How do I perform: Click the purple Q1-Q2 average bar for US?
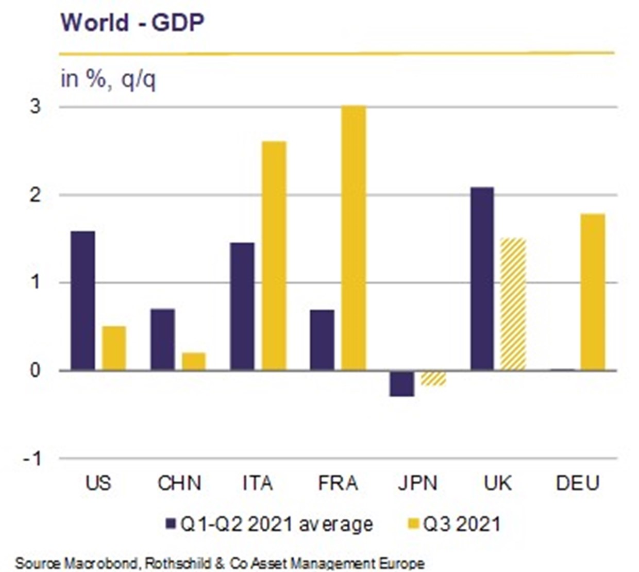pyautogui.click(x=82, y=300)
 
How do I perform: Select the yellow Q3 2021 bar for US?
pyautogui.click(x=114, y=348)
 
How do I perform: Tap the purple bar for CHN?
pyautogui.click(x=162, y=339)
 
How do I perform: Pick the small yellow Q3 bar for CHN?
pyautogui.click(x=194, y=361)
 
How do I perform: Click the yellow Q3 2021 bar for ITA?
pyautogui.click(x=274, y=256)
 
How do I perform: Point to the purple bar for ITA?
pyautogui.click(x=242, y=306)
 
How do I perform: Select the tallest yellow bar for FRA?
pyautogui.click(x=354, y=238)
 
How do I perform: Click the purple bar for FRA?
pyautogui.click(x=322, y=340)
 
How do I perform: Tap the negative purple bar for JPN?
pyautogui.click(x=402, y=383)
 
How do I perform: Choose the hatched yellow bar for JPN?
pyautogui.click(x=433, y=378)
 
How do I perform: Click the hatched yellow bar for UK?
pyautogui.click(x=513, y=304)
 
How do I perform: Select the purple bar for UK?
pyautogui.click(x=482, y=278)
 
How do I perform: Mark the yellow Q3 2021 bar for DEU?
pyautogui.click(x=593, y=292)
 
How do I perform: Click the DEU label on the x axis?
pyautogui.click(x=578, y=483)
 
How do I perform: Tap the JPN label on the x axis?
pyautogui.click(x=417, y=483)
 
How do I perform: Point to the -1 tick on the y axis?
pyautogui.click(x=32, y=458)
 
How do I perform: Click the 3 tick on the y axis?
pyautogui.click(x=35, y=107)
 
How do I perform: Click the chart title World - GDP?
pyautogui.click(x=132, y=23)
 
